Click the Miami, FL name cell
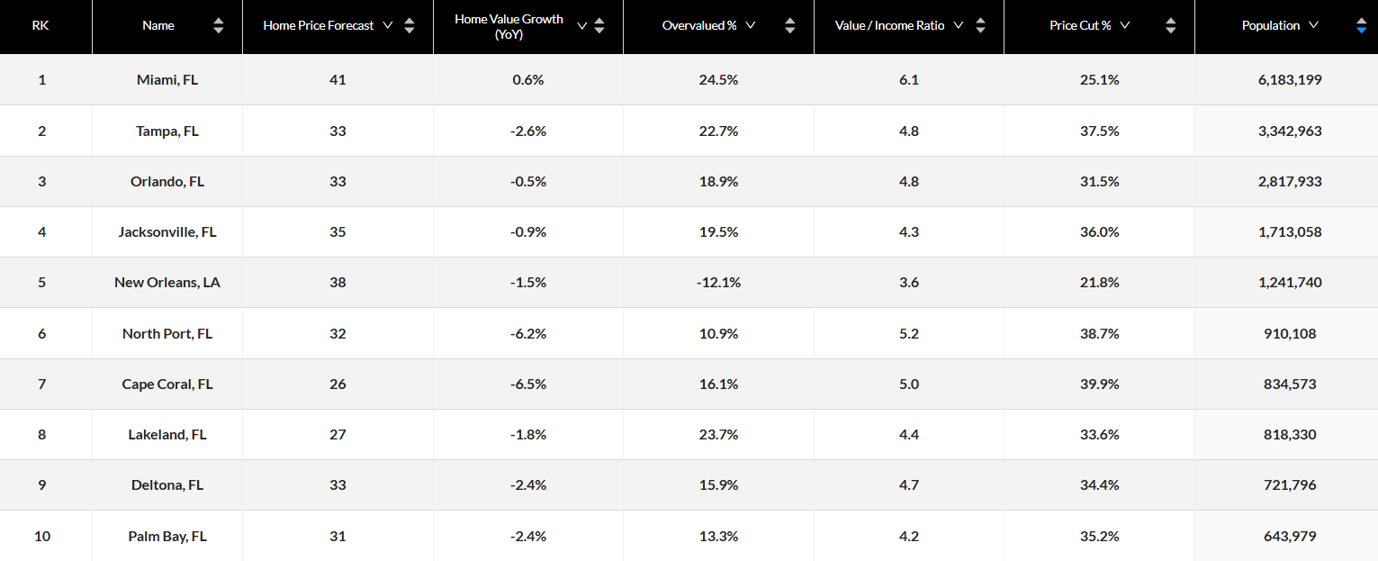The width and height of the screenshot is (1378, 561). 167,80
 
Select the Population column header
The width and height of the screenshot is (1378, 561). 1270,25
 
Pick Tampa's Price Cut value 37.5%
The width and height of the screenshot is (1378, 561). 1099,131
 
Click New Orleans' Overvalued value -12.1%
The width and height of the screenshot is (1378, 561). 718,283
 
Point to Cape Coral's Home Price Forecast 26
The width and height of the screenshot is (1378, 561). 338,384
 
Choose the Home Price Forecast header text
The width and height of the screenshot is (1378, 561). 318,25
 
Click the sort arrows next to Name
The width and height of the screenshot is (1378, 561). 218,26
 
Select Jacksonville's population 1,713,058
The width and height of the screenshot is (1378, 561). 1290,232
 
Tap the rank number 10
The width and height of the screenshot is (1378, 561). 42,536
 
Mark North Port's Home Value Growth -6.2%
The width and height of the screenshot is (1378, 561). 527,333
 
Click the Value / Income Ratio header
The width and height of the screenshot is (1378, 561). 889,25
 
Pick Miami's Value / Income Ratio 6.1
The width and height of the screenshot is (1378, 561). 908,80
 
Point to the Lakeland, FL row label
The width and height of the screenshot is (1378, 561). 167,435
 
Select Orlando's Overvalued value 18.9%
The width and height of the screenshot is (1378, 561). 718,181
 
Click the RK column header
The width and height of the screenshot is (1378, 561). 41,25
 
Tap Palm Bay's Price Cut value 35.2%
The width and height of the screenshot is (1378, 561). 1099,536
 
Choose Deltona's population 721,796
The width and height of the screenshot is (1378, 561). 1290,485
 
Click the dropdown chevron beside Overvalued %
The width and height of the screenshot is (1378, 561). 750,25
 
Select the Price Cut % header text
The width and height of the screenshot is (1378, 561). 1080,25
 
